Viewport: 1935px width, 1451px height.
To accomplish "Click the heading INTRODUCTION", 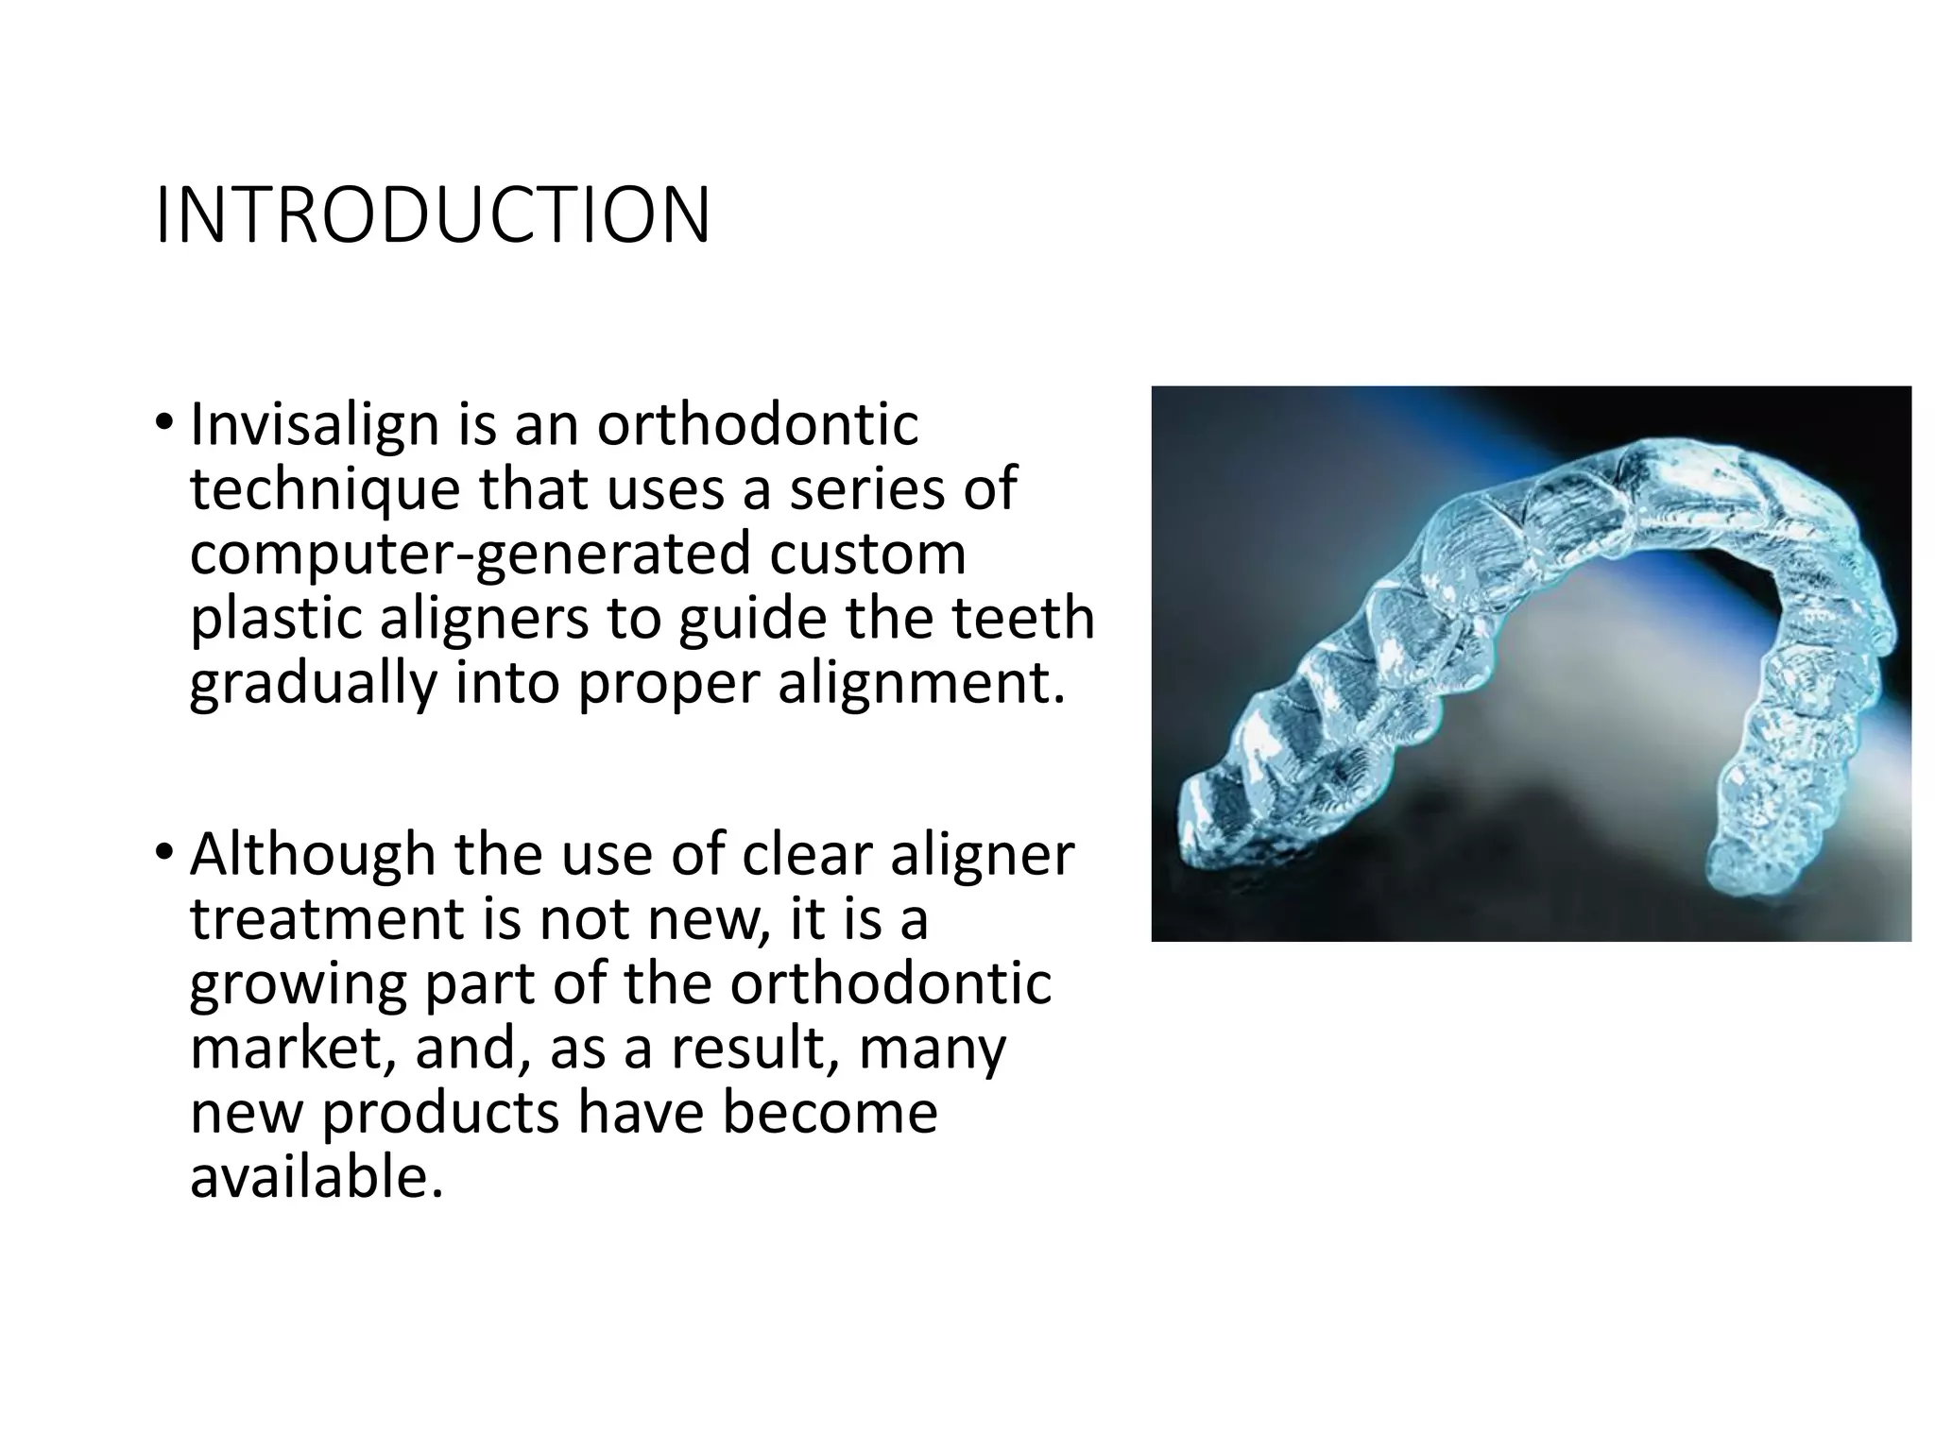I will click(x=433, y=216).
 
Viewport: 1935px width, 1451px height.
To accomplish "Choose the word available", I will click(x=317, y=1177).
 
